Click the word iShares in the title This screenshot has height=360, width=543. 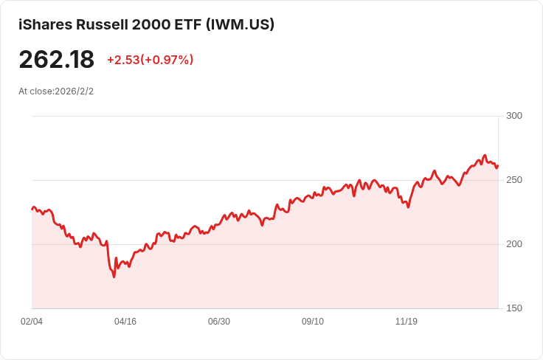tap(45, 24)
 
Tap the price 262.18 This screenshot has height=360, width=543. tap(57, 60)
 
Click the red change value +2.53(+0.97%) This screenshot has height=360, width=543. tap(150, 60)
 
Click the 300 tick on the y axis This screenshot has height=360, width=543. tap(514, 116)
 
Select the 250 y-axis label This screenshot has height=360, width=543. tap(514, 180)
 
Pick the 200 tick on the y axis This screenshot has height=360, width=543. tap(514, 244)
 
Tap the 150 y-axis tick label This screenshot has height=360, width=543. tap(514, 308)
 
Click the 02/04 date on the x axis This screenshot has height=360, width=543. tap(32, 322)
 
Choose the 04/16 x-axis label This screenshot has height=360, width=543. tap(125, 322)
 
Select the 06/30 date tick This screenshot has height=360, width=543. tap(219, 322)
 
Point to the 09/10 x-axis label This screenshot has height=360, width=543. tap(313, 322)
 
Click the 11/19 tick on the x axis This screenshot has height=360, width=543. tap(407, 322)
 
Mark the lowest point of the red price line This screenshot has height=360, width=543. tap(114, 277)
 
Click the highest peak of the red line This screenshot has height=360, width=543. tap(485, 156)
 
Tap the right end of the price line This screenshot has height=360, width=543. tap(498, 165)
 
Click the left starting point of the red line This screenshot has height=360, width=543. tap(32, 210)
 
